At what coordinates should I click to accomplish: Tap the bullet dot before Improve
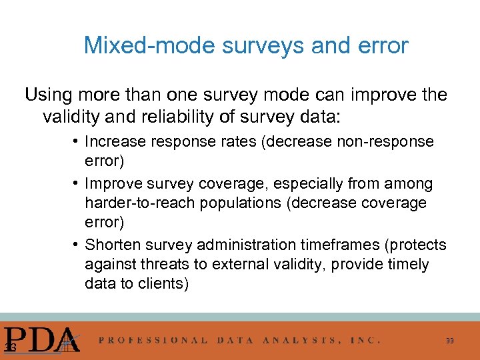point(77,183)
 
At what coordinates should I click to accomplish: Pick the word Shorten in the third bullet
point(112,245)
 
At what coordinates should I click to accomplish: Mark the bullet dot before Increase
point(77,141)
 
